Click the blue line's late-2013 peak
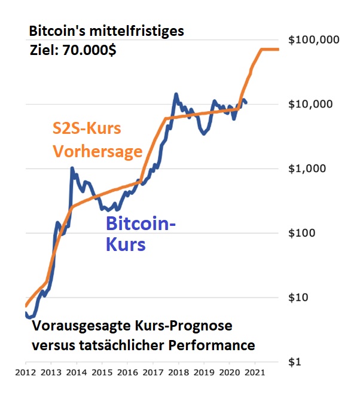tap(72, 169)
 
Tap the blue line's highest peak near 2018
tap(176, 94)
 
